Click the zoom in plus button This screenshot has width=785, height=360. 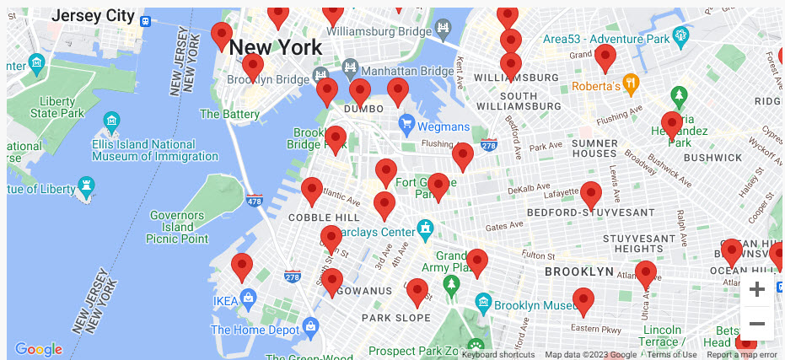point(756,290)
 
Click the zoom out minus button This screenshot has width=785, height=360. point(756,324)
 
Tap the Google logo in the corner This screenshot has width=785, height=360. point(39,349)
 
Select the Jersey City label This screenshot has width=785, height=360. point(92,16)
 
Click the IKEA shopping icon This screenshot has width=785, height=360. point(248,298)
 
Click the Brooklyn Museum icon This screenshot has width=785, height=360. point(483,302)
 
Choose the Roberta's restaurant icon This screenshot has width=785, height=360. point(630,84)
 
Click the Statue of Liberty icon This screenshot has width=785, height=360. point(85,185)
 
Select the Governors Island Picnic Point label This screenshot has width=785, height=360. point(177,227)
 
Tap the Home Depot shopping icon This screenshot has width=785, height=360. point(309,325)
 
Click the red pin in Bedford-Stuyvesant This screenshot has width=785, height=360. point(591,195)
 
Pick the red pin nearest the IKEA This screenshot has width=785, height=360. point(242,266)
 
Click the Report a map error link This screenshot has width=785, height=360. point(741,355)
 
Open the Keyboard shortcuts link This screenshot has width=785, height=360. point(497,355)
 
